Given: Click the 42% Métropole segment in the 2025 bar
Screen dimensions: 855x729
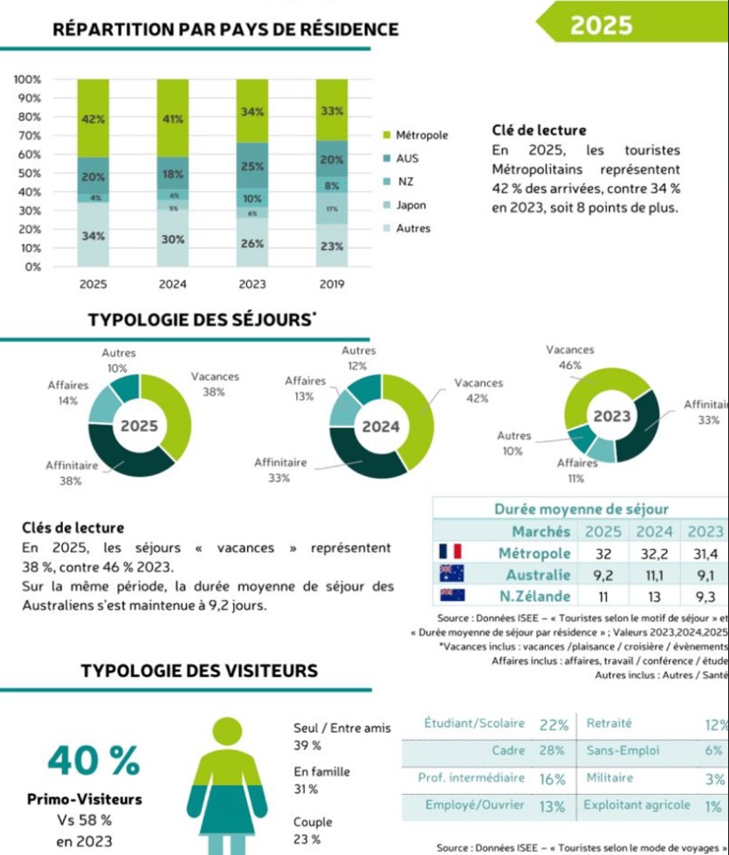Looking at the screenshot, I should [x=93, y=119].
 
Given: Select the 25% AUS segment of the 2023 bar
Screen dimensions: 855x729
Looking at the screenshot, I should [x=252, y=166].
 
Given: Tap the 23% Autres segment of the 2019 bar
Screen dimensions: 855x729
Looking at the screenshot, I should [x=332, y=246].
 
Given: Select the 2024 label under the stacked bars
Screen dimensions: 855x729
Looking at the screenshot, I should [x=173, y=284].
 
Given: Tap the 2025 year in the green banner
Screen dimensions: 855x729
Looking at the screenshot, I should [x=601, y=25].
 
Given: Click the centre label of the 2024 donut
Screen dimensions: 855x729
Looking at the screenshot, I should [x=381, y=427].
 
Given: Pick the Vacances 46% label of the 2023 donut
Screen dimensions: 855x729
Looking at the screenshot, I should [x=569, y=357].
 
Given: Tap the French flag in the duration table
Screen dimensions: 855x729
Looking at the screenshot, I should [x=450, y=552].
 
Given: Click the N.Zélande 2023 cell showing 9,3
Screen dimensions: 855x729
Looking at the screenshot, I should [x=705, y=596].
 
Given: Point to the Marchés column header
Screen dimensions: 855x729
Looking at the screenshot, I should [x=541, y=531].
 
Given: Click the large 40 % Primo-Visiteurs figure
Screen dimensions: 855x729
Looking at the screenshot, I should [x=93, y=760].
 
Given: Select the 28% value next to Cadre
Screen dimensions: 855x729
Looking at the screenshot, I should [x=552, y=750].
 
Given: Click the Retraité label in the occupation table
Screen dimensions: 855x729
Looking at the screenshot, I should [x=609, y=723].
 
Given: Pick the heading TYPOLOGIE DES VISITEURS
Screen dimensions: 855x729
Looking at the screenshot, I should [x=199, y=672].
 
